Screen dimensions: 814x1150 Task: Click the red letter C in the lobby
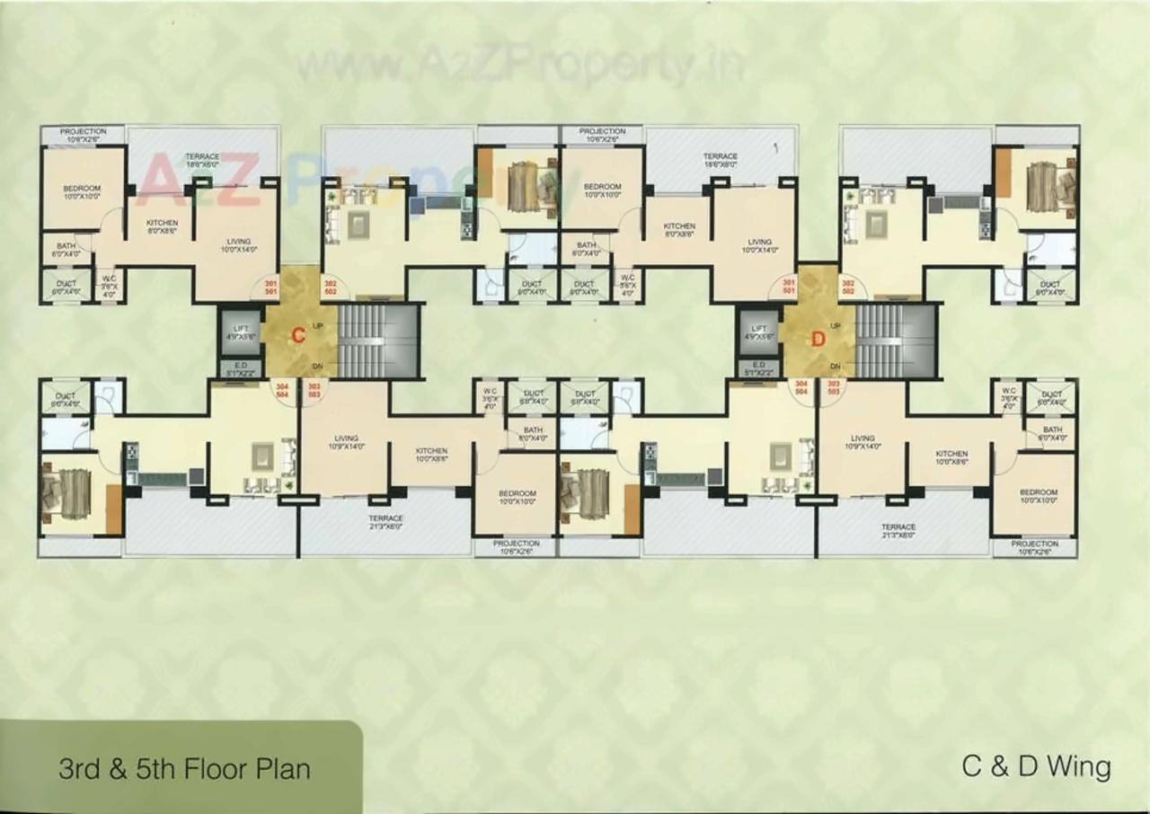pyautogui.click(x=296, y=337)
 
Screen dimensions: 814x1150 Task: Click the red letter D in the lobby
pyautogui.click(x=818, y=339)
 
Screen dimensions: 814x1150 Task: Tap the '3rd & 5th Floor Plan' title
pyautogui.click(x=184, y=769)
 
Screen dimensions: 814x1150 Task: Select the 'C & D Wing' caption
pyautogui.click(x=1036, y=766)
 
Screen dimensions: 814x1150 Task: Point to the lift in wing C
pyautogui.click(x=240, y=332)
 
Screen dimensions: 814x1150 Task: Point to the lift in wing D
pyautogui.click(x=759, y=332)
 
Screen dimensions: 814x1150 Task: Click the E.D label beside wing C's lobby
pyautogui.click(x=241, y=367)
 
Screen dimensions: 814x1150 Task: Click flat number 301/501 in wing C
pyautogui.click(x=270, y=288)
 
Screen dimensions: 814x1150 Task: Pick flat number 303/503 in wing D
pyautogui.click(x=832, y=388)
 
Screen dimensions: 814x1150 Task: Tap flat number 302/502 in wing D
pyautogui.click(x=846, y=287)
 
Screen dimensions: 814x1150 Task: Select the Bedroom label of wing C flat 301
pyautogui.click(x=82, y=190)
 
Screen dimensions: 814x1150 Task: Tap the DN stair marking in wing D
pyautogui.click(x=835, y=366)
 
